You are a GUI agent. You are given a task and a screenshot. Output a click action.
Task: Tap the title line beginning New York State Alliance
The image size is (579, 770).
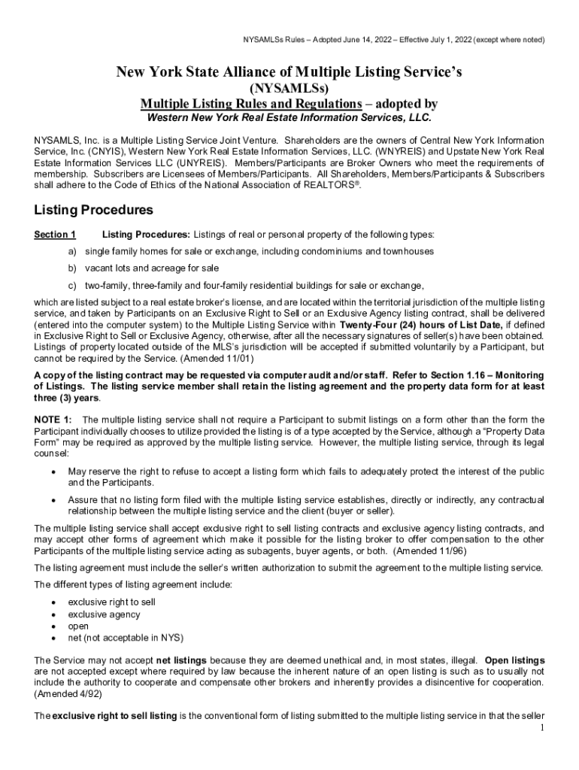pyautogui.click(x=289, y=72)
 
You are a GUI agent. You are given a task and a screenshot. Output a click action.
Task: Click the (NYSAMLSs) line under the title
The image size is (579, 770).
pyautogui.click(x=289, y=89)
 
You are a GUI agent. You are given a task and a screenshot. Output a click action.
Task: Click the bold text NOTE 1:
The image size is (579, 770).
pyautogui.click(x=53, y=419)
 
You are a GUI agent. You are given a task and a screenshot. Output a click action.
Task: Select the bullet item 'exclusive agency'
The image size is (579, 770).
pyautogui.click(x=104, y=614)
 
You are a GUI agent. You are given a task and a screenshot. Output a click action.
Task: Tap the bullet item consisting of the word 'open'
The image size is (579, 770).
pyautogui.click(x=78, y=626)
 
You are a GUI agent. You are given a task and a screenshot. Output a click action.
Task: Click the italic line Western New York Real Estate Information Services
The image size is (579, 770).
pyautogui.click(x=289, y=118)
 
